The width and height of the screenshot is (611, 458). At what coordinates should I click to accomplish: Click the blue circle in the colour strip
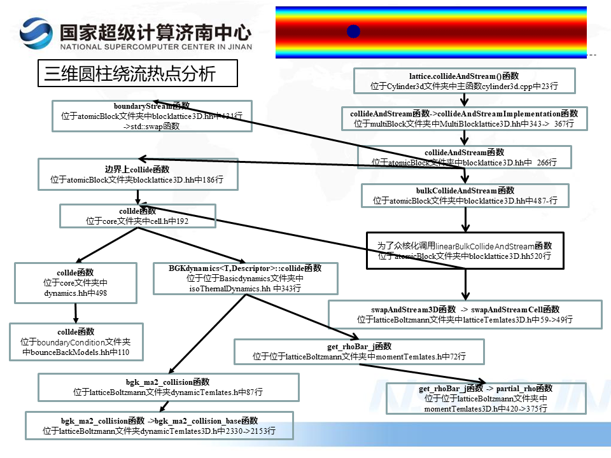354,31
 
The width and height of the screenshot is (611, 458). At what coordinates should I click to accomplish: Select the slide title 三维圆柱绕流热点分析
137,73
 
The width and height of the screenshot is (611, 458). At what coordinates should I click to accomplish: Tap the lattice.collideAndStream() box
464,81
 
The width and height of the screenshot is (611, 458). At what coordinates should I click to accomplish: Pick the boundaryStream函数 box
152,116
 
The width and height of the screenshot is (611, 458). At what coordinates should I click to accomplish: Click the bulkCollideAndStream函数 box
465,195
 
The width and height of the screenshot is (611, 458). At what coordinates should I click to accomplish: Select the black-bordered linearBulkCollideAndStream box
465,250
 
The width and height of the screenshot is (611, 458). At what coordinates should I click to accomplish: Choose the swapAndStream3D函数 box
465,314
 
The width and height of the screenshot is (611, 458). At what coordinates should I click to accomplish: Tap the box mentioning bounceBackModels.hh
76,342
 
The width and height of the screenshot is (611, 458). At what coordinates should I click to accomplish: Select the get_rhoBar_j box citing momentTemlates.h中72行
359,351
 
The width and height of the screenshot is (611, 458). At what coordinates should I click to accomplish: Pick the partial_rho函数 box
486,398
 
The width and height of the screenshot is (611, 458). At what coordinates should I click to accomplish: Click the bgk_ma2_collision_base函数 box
159,426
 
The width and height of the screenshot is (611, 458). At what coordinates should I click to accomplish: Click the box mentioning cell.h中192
137,216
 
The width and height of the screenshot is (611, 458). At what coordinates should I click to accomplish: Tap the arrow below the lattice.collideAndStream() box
465,100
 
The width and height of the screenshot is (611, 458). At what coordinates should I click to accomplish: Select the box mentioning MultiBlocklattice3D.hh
464,119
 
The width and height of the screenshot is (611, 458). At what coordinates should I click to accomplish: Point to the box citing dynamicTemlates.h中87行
168,387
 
